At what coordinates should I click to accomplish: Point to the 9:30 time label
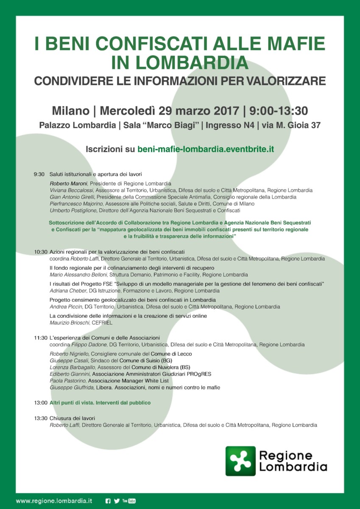click(39, 174)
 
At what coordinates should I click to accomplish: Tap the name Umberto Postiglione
click(73, 210)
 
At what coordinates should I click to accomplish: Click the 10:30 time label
click(41, 252)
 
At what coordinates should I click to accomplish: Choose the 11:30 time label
click(41, 338)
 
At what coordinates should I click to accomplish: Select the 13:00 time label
click(41, 403)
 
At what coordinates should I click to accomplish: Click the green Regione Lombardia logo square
click(240, 461)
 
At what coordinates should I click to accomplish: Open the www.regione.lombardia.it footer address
click(54, 501)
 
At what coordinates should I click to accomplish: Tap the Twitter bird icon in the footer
click(117, 501)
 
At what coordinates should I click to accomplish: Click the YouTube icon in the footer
click(129, 501)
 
